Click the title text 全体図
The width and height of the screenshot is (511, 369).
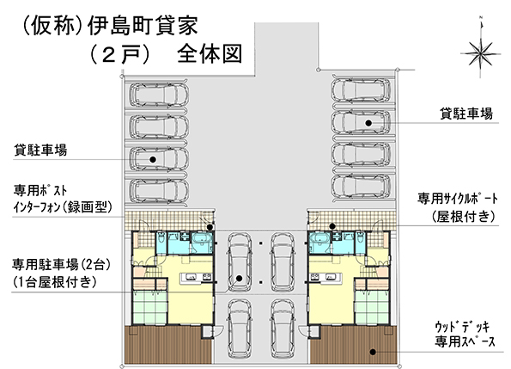[x=210, y=53]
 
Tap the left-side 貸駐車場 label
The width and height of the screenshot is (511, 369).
[x=40, y=151]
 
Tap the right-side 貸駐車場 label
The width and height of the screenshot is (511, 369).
[x=466, y=114]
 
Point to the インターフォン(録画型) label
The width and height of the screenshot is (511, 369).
[x=63, y=206]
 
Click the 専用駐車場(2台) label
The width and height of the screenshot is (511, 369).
[x=61, y=265]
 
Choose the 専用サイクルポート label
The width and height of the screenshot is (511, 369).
[x=458, y=198]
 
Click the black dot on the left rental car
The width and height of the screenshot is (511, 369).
[x=153, y=159]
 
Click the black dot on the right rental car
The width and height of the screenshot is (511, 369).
[x=368, y=123]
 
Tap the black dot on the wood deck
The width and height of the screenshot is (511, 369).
[x=373, y=352]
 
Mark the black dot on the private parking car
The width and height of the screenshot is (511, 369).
[x=240, y=279]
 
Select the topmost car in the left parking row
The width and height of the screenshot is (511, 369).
[x=159, y=95]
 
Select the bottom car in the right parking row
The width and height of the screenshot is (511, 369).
[x=361, y=187]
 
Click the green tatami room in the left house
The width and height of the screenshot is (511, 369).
[x=150, y=308]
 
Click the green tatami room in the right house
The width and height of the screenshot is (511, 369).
[x=372, y=308]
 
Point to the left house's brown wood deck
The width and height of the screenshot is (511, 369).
[x=168, y=345]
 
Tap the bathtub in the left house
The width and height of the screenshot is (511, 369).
[x=202, y=241]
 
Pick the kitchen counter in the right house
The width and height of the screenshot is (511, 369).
[x=326, y=278]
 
